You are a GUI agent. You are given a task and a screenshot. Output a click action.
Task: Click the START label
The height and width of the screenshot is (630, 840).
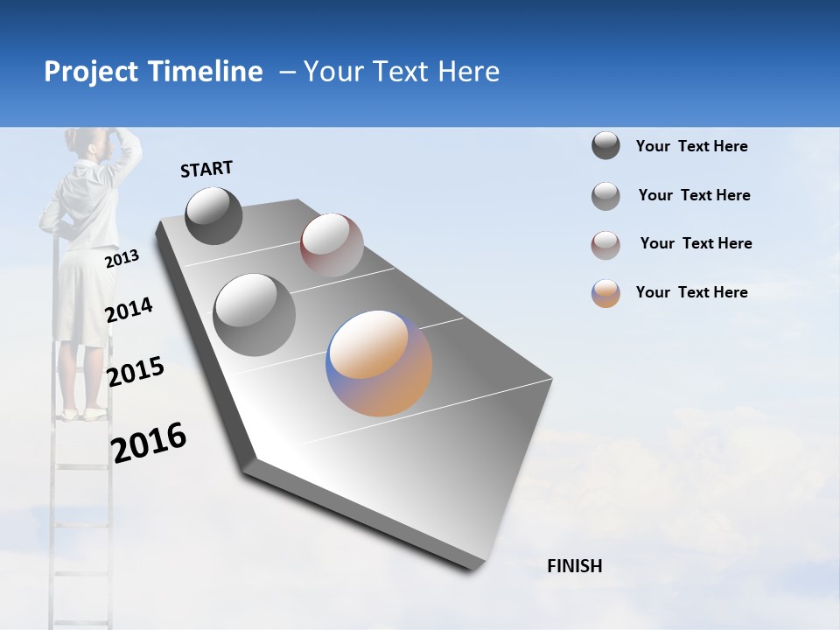(206, 169)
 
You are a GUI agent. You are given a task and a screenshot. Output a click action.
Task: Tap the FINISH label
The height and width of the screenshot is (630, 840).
(574, 566)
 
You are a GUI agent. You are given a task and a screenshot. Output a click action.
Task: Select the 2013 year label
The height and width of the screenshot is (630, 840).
(122, 259)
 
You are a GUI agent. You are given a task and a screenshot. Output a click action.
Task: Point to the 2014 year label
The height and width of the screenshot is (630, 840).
(129, 311)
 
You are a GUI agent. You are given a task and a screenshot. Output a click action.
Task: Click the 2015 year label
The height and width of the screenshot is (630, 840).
(135, 372)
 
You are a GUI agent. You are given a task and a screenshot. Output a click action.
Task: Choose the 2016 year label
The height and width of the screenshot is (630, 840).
(149, 443)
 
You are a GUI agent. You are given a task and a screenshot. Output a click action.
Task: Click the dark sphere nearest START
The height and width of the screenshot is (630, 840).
(213, 215)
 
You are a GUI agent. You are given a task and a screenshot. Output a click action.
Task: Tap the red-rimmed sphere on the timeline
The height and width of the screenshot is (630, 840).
(332, 244)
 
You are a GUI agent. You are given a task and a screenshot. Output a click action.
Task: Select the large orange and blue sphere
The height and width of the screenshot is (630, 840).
(379, 363)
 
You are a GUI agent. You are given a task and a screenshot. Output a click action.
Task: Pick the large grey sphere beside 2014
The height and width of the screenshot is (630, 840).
(254, 314)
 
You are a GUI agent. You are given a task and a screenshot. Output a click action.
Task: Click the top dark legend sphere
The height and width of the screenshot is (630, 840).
(605, 145)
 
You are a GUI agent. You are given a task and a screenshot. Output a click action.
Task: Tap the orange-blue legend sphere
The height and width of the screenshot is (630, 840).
(605, 293)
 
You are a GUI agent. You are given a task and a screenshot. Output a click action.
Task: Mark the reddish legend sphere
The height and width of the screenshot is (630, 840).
(605, 245)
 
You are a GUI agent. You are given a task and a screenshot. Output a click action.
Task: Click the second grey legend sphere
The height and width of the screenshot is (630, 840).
(605, 196)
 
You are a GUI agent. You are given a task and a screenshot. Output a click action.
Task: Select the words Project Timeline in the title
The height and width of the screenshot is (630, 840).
(153, 72)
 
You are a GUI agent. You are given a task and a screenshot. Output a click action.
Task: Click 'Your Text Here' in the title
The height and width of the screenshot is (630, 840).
(402, 72)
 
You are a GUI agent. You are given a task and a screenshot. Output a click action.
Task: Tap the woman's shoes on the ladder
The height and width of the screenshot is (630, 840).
(83, 413)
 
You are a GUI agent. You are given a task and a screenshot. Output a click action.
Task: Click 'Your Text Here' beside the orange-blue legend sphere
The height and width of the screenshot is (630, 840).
(691, 292)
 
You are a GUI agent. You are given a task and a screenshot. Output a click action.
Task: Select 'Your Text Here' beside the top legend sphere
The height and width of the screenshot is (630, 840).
(691, 146)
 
